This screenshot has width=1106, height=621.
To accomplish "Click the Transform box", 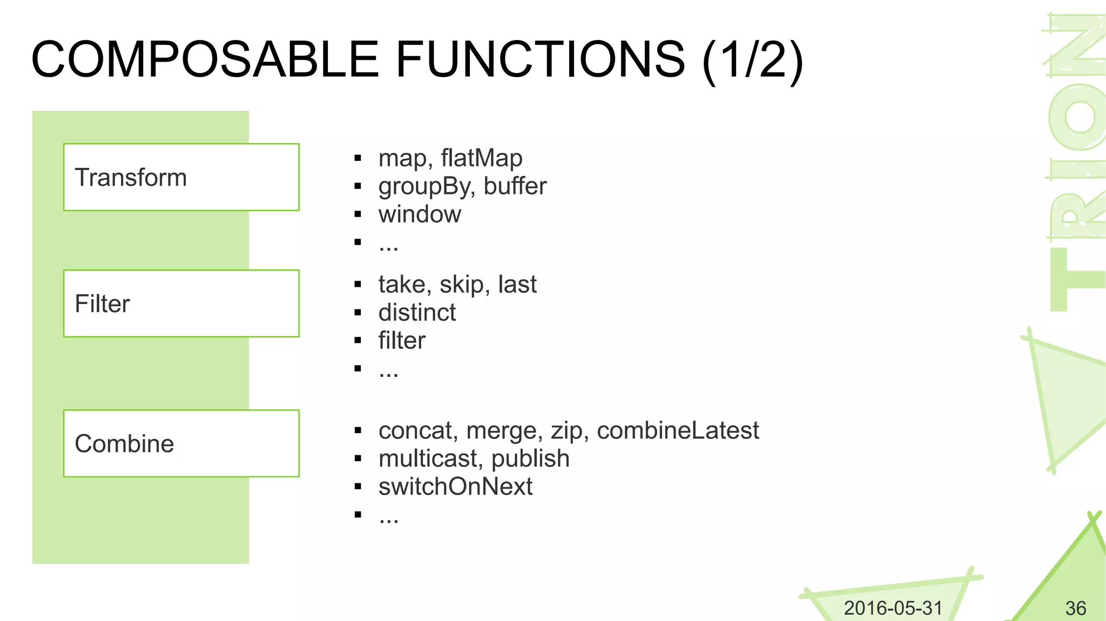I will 181,177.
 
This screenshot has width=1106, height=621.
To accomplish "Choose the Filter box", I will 181,303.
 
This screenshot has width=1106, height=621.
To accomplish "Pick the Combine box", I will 181,443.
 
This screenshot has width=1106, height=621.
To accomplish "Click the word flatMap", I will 481,158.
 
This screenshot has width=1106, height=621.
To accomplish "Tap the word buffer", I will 515,186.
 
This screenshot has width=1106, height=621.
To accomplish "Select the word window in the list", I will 420,214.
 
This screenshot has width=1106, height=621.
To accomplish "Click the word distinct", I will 417,313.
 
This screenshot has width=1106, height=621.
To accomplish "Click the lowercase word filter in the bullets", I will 402,341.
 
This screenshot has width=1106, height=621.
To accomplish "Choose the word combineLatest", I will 678,431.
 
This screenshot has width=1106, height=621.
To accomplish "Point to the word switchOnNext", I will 455,487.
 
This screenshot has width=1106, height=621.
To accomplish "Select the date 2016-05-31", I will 893,608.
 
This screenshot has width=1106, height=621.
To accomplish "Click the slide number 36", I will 1075,609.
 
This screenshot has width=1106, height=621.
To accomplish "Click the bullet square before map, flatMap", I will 358,158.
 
